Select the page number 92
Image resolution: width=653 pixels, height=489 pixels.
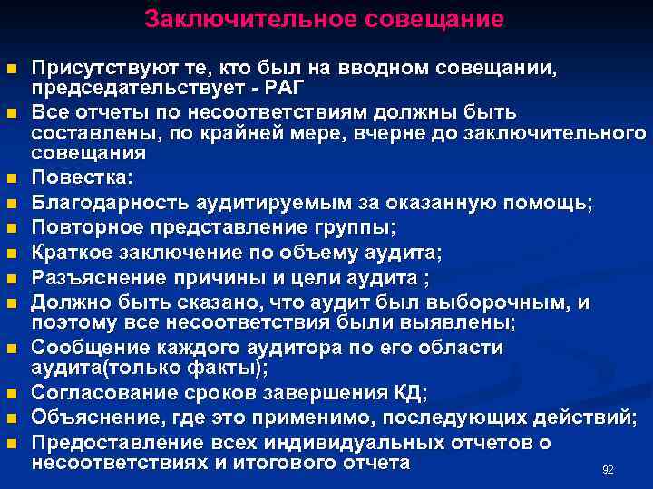[x=608, y=470]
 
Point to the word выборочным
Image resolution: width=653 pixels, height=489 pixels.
[x=505, y=303]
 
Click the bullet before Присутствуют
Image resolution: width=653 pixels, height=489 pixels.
[x=10, y=70]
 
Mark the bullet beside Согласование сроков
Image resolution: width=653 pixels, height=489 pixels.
[x=10, y=393]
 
